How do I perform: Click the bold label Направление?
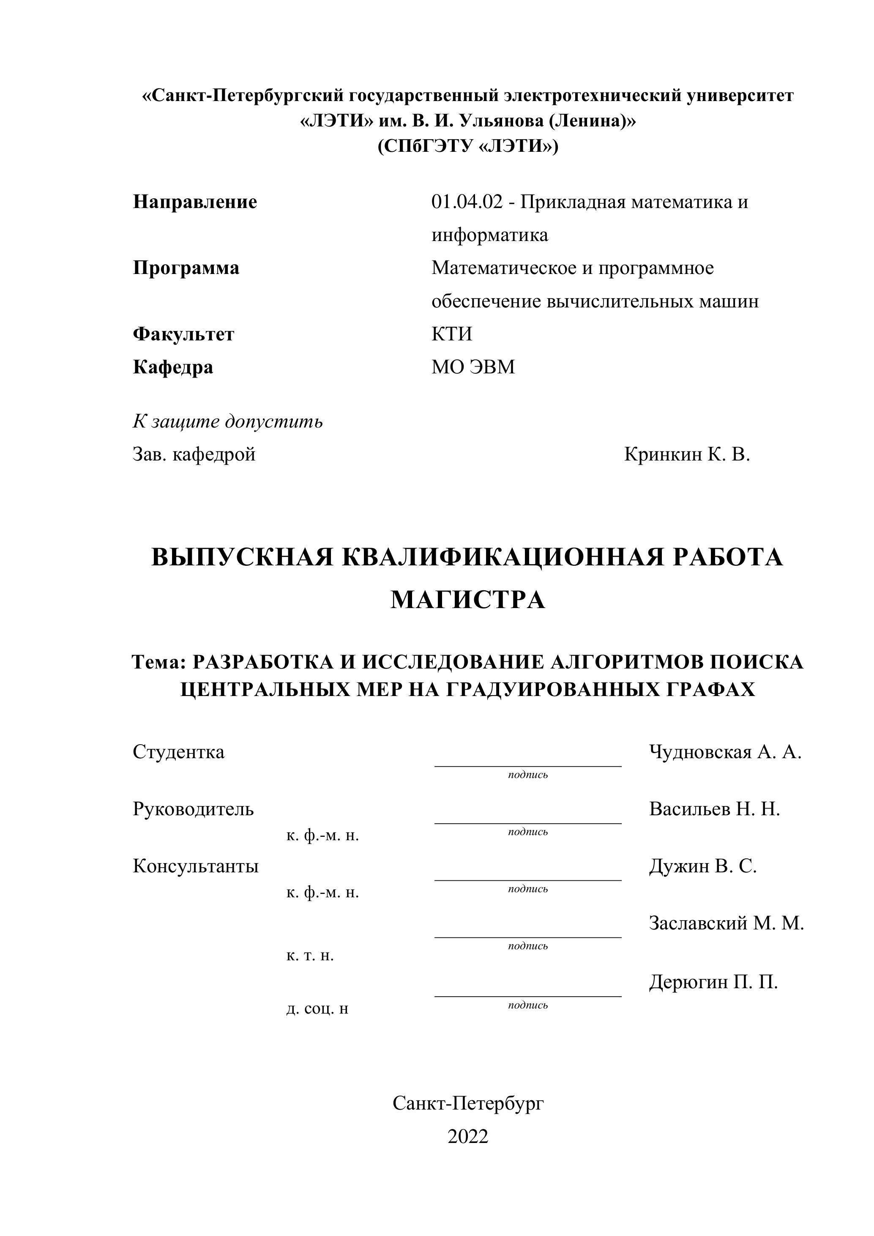pos(195,203)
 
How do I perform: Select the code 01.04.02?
pos(467,203)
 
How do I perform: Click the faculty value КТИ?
pos(451,334)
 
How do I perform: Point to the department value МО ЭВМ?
pos(473,367)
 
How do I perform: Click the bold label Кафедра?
pos(173,367)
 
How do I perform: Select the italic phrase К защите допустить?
pos(228,422)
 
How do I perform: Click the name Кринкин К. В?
pos(687,455)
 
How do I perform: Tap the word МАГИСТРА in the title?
pos(468,600)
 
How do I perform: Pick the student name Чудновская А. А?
pos(725,752)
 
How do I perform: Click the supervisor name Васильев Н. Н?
pos(714,809)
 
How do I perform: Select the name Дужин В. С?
pos(702,866)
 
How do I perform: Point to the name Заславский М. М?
pos(726,923)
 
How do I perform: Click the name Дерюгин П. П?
pos(713,982)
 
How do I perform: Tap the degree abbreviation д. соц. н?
pos(317,1008)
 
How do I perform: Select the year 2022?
pos(468,1136)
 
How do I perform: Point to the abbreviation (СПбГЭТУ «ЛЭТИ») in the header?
pos(468,146)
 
